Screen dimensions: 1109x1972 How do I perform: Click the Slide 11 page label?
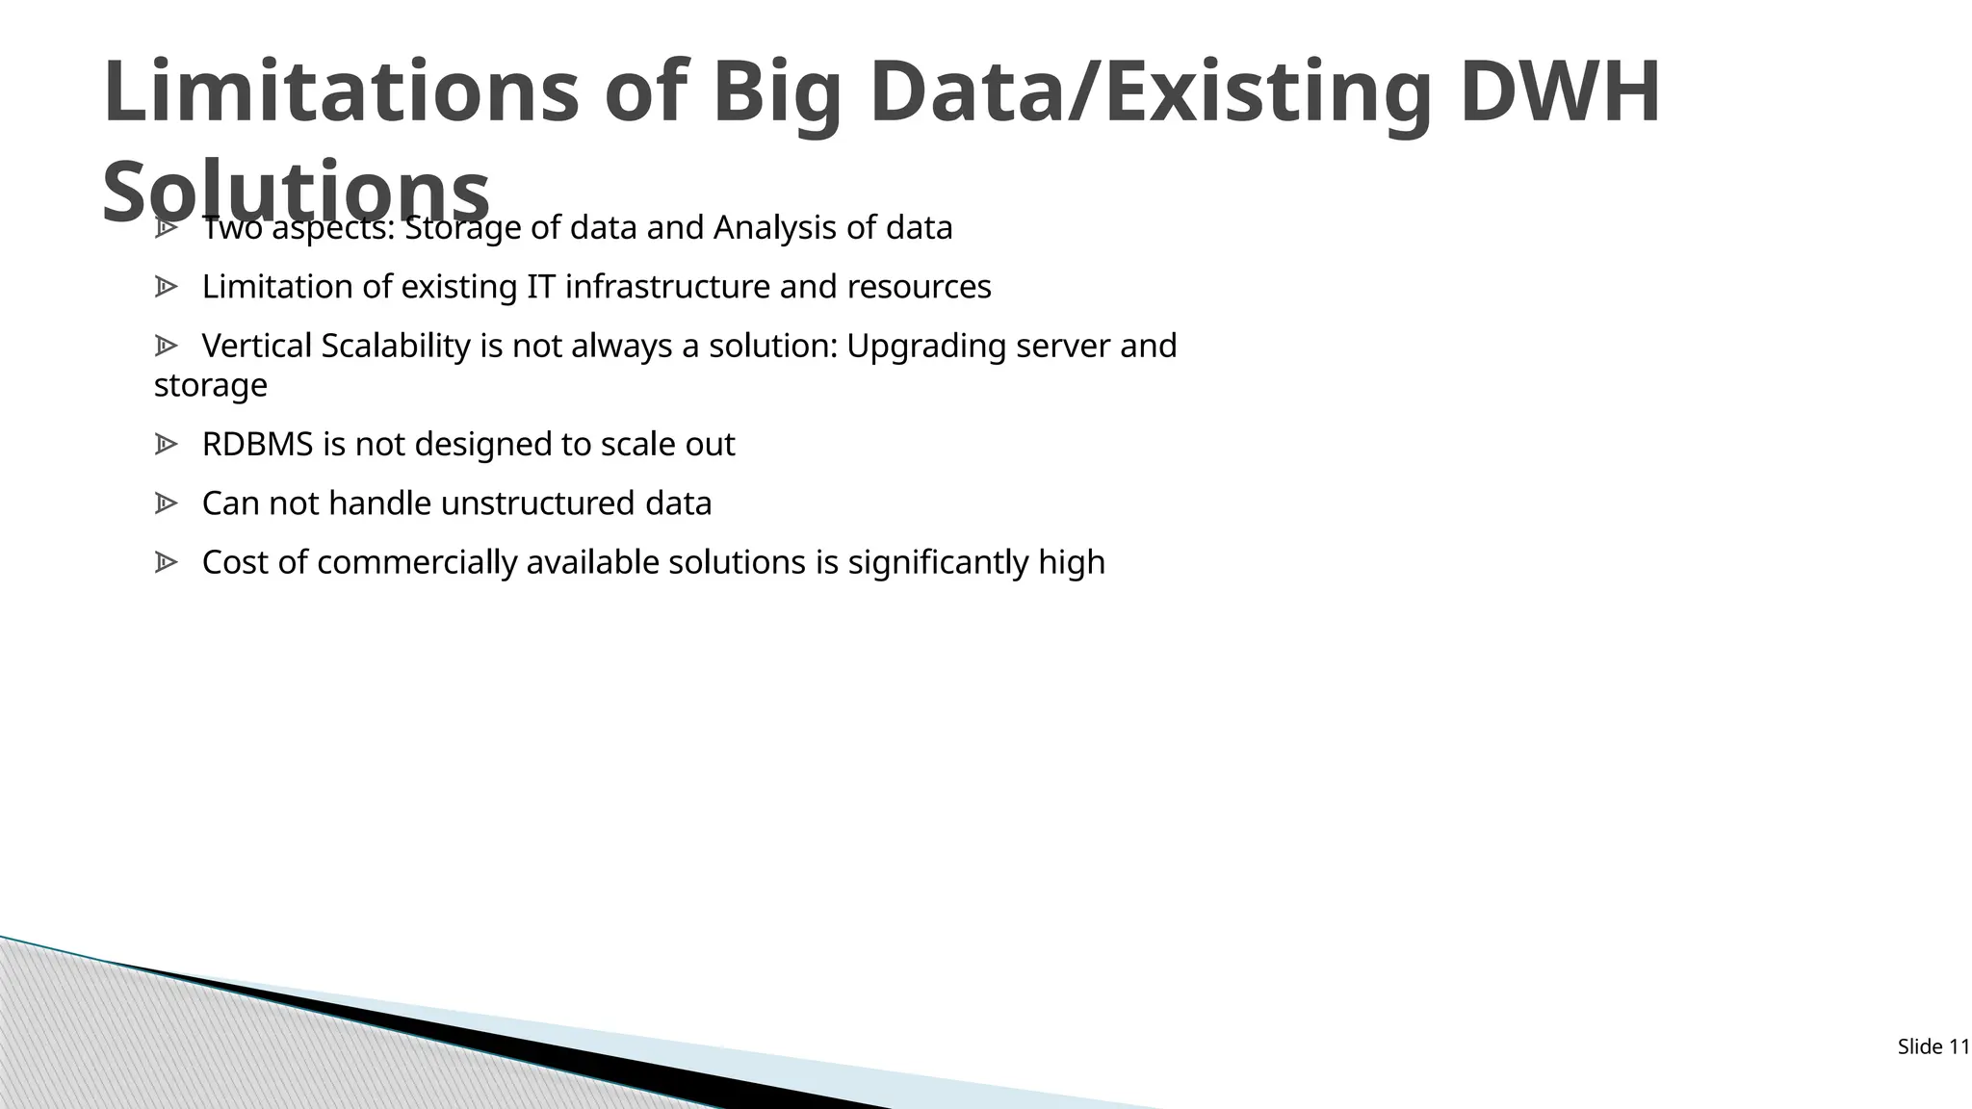click(1933, 1047)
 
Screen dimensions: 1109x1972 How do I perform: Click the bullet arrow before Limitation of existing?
click(166, 287)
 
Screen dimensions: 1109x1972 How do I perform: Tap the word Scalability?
click(395, 346)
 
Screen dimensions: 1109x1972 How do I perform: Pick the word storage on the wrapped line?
click(210, 385)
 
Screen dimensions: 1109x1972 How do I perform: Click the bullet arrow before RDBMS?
click(166, 445)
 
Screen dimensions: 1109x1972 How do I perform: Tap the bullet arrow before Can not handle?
click(166, 503)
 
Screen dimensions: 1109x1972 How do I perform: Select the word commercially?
click(417, 563)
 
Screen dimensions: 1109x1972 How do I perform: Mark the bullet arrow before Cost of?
click(166, 563)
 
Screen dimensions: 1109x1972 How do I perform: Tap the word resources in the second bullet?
click(919, 287)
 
